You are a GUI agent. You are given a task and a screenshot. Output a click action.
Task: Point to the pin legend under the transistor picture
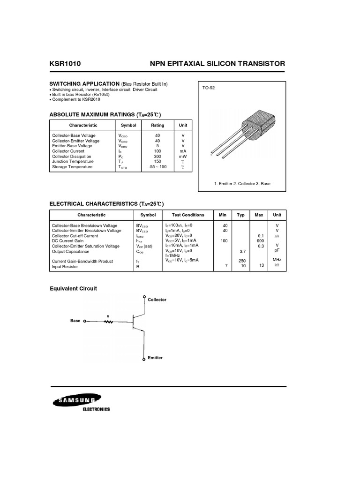coord(242,184)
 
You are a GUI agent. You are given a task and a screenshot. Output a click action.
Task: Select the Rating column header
coord(157,126)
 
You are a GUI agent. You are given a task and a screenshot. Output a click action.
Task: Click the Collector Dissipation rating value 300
coord(157,157)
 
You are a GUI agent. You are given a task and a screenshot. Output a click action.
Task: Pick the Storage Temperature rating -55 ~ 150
coord(157,167)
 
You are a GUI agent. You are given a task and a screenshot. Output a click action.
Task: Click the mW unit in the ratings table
coord(183,157)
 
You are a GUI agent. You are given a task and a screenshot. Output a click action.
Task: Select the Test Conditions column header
coord(188,215)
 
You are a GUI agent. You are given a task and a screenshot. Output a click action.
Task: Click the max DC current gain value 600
coord(259,241)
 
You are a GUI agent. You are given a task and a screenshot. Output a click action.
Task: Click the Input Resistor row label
coord(65,267)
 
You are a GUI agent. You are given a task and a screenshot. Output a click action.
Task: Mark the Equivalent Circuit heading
coord(73,289)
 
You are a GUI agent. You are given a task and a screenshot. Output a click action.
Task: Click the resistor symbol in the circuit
coord(109,322)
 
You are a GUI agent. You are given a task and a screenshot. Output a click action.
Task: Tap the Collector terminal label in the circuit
coord(157,300)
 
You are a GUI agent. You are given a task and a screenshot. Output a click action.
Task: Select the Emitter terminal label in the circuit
coord(155,358)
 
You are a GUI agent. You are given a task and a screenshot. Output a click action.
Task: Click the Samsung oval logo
coord(74,401)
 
